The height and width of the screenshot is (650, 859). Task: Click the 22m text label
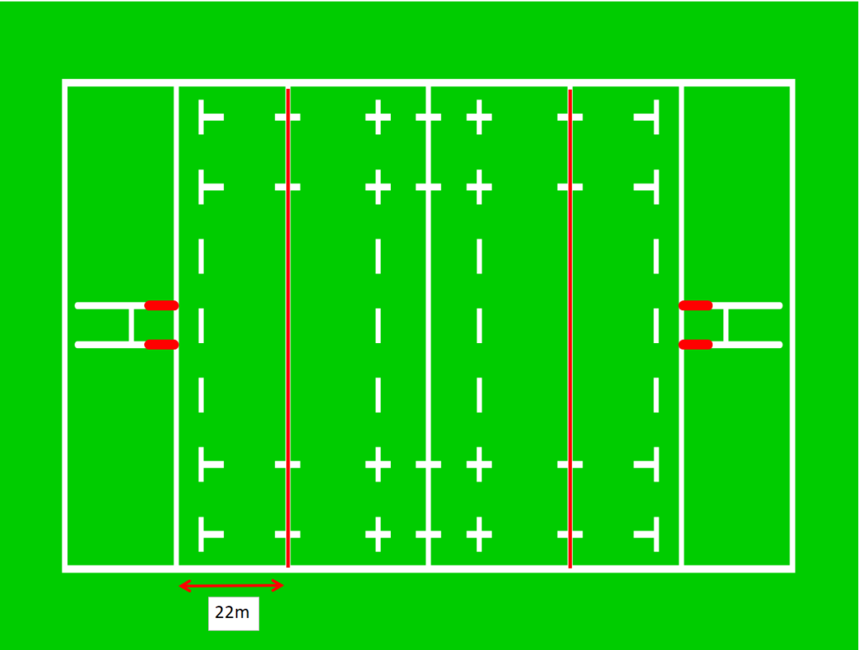coord(232,612)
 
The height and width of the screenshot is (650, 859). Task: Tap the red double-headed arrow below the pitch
coord(232,586)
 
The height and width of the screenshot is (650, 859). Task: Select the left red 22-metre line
coord(289,327)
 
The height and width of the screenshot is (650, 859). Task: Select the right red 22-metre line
coord(570,327)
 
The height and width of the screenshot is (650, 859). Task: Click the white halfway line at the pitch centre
coord(429,325)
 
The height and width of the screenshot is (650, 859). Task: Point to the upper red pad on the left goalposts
coord(162,305)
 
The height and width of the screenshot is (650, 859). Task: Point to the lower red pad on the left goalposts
coord(162,345)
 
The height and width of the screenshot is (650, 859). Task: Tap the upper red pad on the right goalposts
coord(695,305)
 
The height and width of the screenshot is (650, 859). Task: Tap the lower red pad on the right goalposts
coord(695,345)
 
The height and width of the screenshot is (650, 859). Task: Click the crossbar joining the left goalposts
coord(132,325)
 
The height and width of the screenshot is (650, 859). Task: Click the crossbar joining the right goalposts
coord(726,325)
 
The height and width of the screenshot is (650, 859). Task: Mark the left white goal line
coord(176,325)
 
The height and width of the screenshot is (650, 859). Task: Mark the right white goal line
coord(681,325)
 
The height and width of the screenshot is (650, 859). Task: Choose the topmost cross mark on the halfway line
coord(429,117)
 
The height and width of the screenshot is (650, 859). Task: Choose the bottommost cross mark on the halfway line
coord(429,534)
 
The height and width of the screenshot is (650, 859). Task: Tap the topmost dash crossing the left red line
coord(288,117)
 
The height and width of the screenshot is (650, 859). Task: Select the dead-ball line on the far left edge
coord(65,325)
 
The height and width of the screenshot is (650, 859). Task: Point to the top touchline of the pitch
coord(429,83)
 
